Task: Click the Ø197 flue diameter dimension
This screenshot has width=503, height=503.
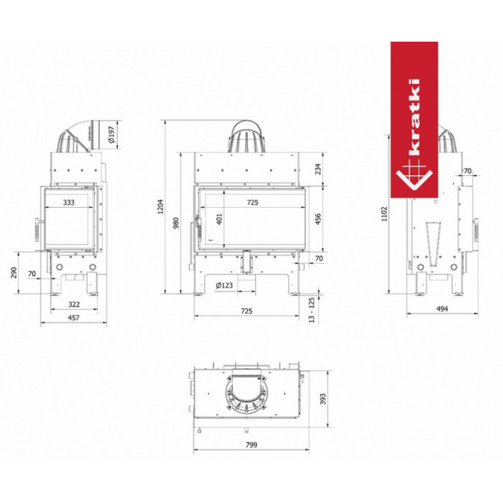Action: point(111,135)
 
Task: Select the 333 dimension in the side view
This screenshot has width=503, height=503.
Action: point(69,203)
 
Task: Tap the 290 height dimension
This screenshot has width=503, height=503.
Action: point(14,272)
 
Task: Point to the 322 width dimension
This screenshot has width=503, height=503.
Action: point(74,304)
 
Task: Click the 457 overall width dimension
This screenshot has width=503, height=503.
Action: point(73,318)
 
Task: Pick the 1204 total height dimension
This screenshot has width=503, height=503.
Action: point(160,206)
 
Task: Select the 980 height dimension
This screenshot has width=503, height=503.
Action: point(176,223)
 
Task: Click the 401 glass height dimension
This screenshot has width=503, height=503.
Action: point(219,219)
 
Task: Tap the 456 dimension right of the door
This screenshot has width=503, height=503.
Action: point(318,219)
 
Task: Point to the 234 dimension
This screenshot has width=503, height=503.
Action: point(318,169)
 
